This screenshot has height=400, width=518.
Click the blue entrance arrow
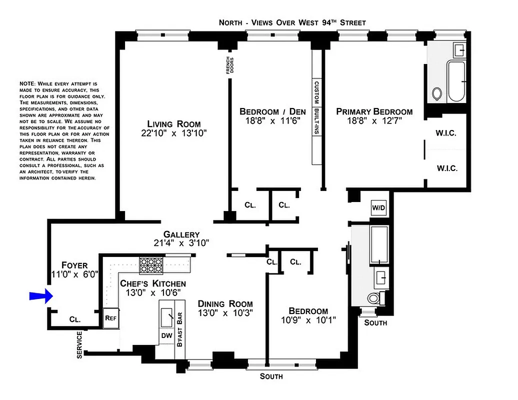click(x=41, y=296)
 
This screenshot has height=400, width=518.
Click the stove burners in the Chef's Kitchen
click(x=151, y=265)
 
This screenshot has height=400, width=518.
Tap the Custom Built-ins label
click(x=316, y=121)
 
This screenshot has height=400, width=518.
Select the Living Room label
click(x=173, y=124)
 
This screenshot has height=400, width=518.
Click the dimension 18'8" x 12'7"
click(x=374, y=121)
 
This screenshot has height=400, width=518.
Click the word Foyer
click(x=74, y=265)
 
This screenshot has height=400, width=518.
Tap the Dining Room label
click(x=225, y=304)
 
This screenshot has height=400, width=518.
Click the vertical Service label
click(x=79, y=345)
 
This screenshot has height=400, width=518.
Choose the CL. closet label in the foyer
click(x=75, y=318)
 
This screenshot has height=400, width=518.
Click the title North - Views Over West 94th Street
click(x=292, y=22)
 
